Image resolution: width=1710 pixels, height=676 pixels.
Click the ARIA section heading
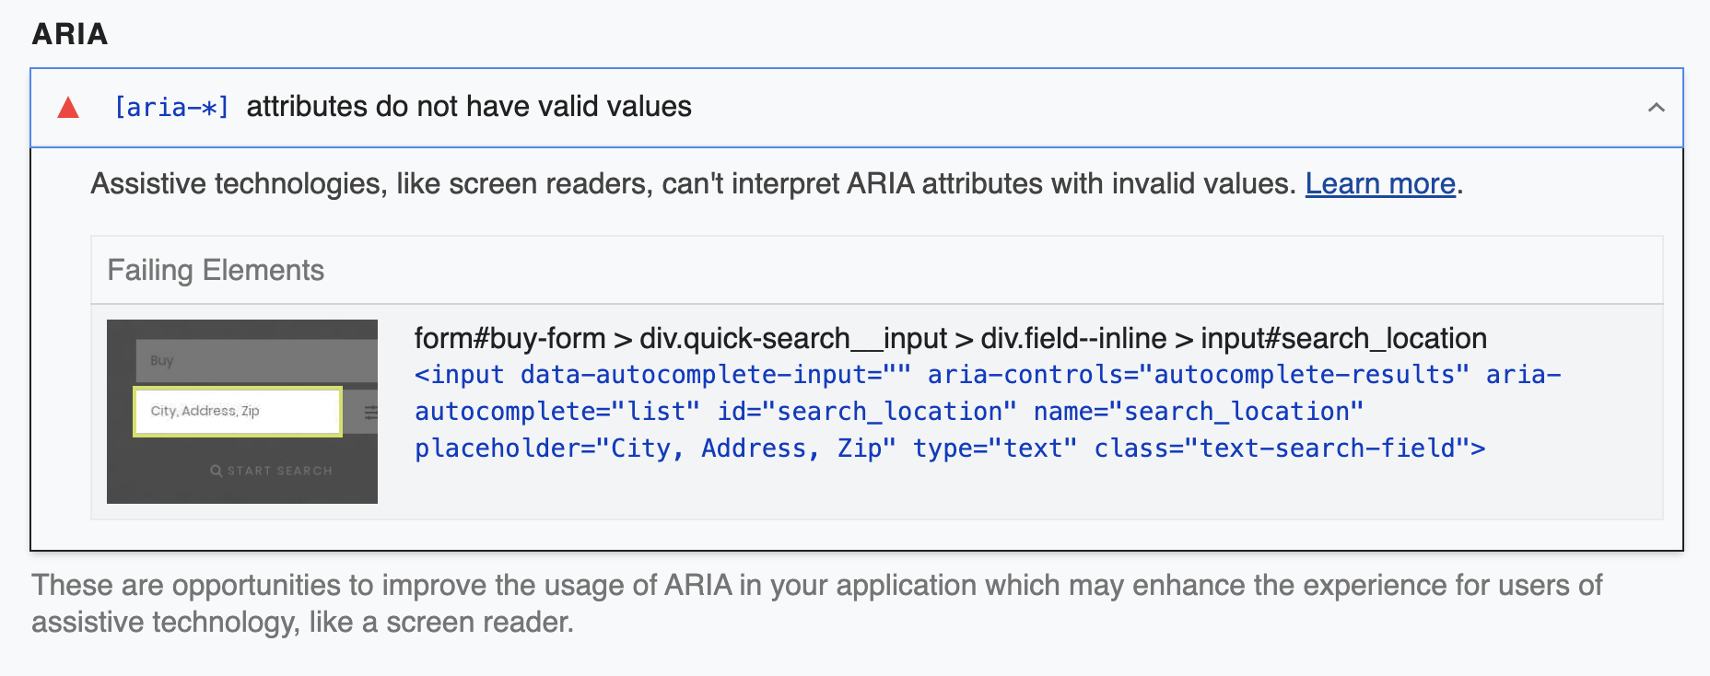(x=70, y=34)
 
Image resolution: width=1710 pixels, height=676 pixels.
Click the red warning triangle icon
(x=68, y=108)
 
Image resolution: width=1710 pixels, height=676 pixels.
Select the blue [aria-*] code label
(x=171, y=108)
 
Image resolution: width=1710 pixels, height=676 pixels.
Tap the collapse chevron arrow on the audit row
(x=1657, y=108)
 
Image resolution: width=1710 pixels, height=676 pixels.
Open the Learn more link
(x=1380, y=183)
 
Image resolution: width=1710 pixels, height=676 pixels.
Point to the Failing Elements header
(x=216, y=270)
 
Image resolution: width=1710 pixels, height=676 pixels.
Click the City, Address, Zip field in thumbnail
(x=238, y=411)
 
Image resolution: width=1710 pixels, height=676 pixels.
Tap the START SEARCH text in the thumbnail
(x=279, y=471)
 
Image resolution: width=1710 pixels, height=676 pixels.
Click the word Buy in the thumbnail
(x=162, y=360)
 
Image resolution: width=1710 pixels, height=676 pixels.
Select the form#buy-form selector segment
(x=510, y=338)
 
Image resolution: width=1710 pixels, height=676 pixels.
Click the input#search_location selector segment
(x=1343, y=338)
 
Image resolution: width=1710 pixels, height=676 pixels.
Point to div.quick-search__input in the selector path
(x=793, y=338)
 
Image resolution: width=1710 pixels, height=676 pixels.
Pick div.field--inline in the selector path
(x=1073, y=338)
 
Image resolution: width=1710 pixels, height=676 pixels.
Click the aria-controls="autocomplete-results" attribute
(x=1199, y=375)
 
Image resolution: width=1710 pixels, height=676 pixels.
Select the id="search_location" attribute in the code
(x=868, y=412)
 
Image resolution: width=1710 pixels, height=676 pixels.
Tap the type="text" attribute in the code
(x=995, y=449)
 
